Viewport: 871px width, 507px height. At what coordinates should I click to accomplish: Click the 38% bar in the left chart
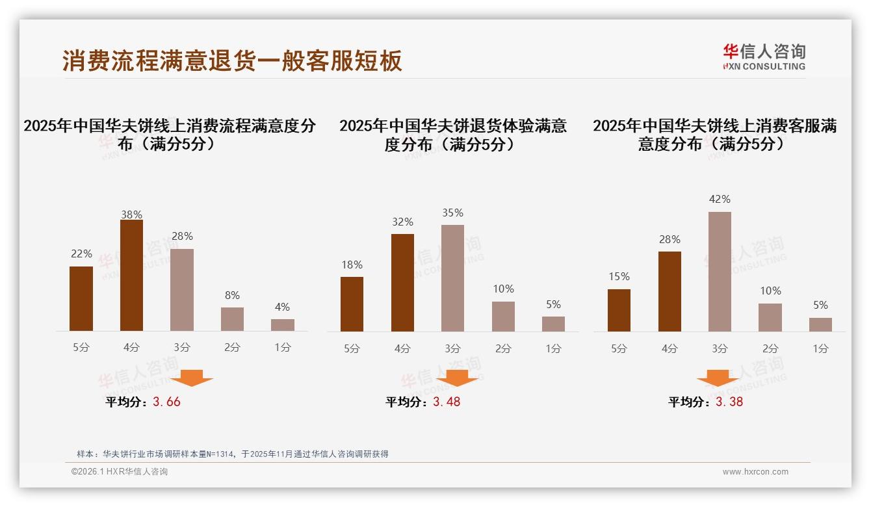click(131, 276)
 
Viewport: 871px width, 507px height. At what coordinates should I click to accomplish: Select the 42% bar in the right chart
click(720, 272)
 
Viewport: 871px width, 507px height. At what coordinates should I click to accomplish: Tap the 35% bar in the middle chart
click(452, 278)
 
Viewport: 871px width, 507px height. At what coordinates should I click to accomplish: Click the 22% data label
click(81, 253)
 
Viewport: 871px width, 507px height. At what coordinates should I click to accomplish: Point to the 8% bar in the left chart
click(232, 319)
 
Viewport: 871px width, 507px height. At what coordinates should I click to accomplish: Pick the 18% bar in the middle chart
click(352, 304)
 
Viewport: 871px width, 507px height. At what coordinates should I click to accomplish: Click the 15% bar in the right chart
click(619, 310)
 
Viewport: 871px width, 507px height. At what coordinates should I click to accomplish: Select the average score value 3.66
click(166, 402)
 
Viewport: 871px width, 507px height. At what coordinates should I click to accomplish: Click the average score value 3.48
click(447, 402)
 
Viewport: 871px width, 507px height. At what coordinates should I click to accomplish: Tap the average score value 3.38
click(729, 402)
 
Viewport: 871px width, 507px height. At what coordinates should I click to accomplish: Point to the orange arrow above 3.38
click(718, 378)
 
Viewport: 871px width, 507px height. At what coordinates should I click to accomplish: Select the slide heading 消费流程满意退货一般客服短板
click(232, 60)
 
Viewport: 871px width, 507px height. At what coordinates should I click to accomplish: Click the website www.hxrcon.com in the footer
click(755, 472)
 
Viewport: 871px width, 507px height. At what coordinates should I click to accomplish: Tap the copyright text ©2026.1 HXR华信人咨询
click(120, 472)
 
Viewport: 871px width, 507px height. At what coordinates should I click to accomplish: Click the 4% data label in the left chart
click(282, 307)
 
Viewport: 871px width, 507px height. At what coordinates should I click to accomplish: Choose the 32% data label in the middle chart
click(402, 222)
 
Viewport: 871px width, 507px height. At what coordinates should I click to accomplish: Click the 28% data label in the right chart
click(669, 239)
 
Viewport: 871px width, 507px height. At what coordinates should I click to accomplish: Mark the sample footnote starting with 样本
click(232, 454)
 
